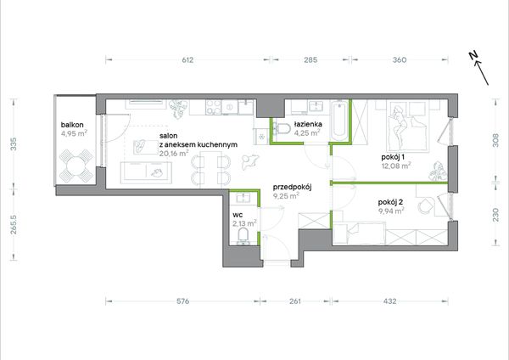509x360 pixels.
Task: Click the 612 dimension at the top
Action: [187, 59]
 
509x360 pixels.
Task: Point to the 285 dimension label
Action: [310, 59]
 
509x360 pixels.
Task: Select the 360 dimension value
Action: [400, 59]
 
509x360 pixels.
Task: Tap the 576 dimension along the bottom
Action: [182, 301]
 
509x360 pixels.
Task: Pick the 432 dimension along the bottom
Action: [389, 301]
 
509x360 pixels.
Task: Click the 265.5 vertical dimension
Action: [14, 224]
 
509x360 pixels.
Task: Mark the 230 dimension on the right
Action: [495, 215]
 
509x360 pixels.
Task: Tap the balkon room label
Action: [72, 125]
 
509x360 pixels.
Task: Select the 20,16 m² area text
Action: [174, 153]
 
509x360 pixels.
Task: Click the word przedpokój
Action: [292, 187]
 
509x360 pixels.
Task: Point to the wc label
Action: [238, 215]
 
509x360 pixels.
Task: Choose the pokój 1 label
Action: [393, 158]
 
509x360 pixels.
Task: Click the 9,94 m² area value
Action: [391, 211]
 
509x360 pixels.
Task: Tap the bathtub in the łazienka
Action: [339, 121]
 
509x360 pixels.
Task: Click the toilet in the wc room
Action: [243, 236]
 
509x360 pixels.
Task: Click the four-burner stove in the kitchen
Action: [213, 107]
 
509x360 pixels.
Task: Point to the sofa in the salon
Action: [146, 173]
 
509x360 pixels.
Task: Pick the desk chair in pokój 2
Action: [424, 205]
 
